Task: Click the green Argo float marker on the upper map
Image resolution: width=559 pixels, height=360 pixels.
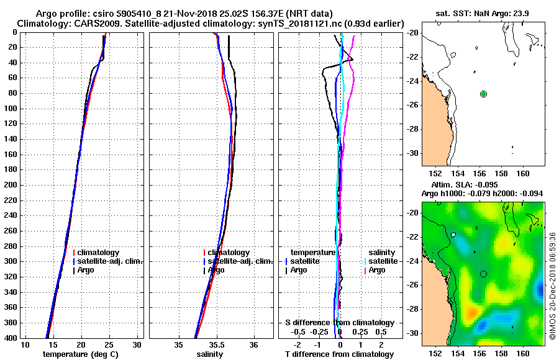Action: [483, 94]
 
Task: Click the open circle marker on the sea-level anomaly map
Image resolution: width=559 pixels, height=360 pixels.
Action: [483, 274]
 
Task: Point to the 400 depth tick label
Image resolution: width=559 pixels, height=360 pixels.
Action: [9, 338]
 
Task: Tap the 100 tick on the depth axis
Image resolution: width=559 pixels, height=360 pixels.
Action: [9, 109]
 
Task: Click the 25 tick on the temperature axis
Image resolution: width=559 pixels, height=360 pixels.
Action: [109, 345]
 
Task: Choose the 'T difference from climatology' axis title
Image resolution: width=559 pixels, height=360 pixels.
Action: [339, 354]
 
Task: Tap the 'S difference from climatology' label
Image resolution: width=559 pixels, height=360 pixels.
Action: [339, 323]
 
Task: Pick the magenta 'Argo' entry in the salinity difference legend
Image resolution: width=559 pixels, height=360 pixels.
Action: [377, 270]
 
